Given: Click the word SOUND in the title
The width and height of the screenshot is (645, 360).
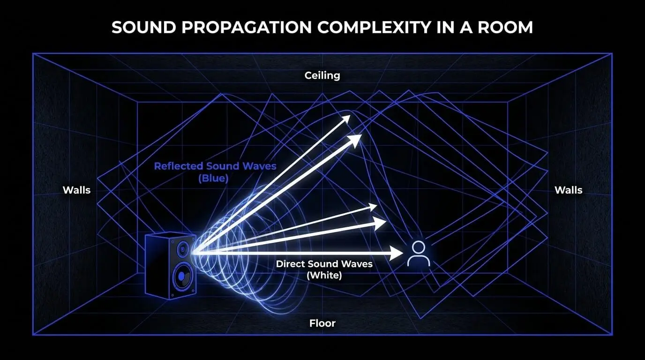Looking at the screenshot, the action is coord(144,28).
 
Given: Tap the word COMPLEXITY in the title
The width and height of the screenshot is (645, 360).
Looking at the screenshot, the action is coord(374,28).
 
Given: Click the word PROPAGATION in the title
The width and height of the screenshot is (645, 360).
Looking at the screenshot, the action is coord(247,28).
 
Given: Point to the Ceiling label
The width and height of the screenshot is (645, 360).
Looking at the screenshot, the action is coord(322,76).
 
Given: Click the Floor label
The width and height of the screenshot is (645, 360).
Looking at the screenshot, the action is coord(322,323).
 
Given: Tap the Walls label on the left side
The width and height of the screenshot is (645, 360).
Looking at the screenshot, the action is coord(76,190).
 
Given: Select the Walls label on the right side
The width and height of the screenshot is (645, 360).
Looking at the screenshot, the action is coord(569,190).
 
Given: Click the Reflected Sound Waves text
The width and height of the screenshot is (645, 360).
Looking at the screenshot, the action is coord(215,166).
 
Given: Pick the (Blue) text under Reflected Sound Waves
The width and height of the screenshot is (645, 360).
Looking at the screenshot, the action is coord(213,179).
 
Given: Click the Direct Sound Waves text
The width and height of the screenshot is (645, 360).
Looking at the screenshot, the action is coord(324,264).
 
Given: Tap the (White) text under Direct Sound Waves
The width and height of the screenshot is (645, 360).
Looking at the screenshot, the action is coord(324,276).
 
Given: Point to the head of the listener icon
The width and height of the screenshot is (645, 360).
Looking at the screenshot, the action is coord(419,247).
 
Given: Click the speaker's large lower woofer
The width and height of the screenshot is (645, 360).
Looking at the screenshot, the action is coord(182,277).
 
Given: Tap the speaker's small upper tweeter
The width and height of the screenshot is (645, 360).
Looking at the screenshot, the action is coord(182,249).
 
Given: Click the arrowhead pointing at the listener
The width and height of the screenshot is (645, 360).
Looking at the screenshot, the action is coord(396,254).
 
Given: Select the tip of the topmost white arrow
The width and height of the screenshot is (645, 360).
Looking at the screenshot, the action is coord(350,115).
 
